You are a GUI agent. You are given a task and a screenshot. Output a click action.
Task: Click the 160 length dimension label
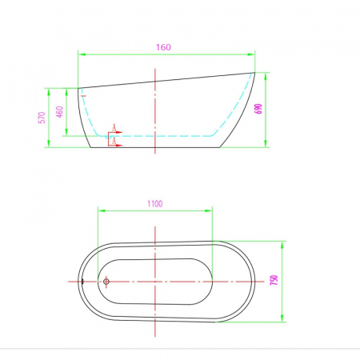pos(163,47)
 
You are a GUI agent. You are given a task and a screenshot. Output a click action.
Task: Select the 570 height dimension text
pos(42,118)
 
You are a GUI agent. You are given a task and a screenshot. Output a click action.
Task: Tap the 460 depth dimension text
pos(60,112)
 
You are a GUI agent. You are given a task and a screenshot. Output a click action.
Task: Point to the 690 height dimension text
pos(258,109)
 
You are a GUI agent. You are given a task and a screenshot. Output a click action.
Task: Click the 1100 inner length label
pos(155,204)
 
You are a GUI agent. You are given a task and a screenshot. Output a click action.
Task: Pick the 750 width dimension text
pos(274,280)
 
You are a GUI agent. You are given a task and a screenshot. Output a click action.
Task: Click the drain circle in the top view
pos(106,282)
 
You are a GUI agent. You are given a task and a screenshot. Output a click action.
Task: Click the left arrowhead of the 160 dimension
pos(82,54)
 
